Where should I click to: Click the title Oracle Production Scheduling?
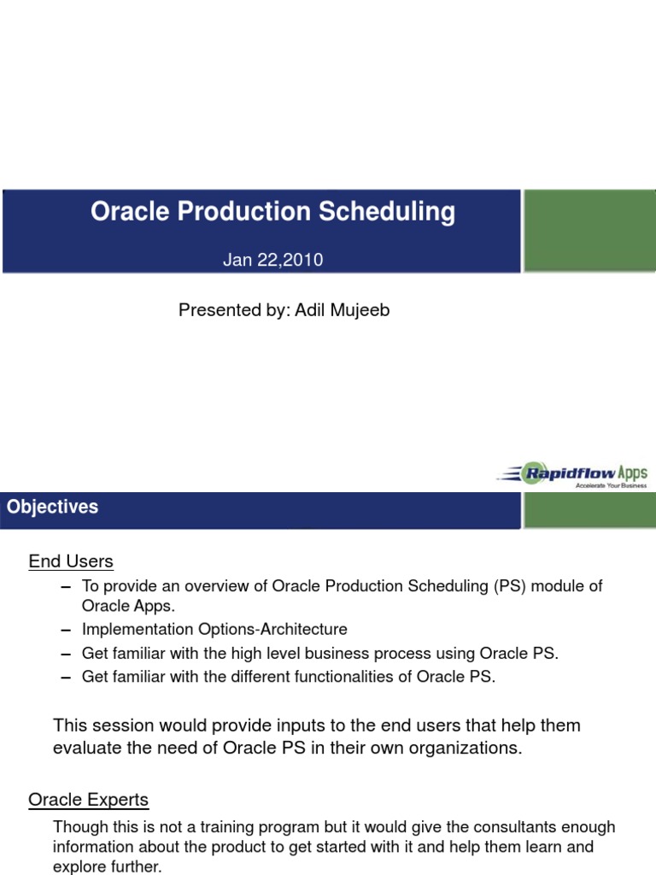[x=272, y=212]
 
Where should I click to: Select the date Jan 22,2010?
[x=272, y=260]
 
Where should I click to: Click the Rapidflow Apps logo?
[x=574, y=474]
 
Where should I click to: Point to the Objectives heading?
[x=52, y=507]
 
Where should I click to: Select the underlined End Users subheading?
[x=71, y=561]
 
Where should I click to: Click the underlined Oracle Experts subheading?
[x=88, y=800]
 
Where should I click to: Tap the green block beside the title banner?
[x=589, y=231]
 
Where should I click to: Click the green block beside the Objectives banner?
[x=589, y=510]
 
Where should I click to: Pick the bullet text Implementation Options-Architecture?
[x=214, y=630]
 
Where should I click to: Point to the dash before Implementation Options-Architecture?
[x=67, y=631]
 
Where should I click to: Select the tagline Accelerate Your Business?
[x=611, y=485]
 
